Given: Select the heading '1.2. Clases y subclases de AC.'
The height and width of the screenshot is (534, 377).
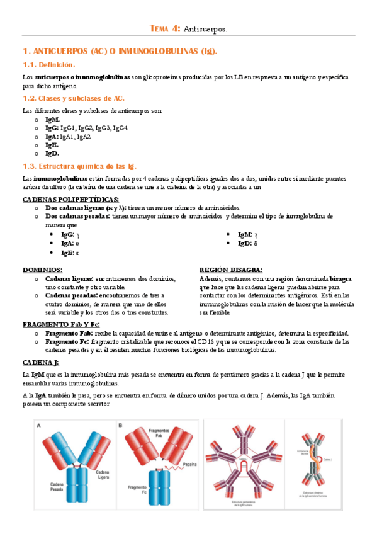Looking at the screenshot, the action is coord(73,99).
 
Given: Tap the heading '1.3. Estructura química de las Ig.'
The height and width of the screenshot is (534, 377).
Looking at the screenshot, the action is coord(79,166).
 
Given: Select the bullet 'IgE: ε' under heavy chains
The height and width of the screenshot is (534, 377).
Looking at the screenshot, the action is coord(70,253).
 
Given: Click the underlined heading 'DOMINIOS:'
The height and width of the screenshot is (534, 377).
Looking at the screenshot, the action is coord(42,270).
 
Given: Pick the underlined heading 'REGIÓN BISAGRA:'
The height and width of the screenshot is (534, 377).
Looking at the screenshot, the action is coord(230,270).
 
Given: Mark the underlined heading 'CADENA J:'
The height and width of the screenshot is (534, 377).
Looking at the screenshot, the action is coord(40,363).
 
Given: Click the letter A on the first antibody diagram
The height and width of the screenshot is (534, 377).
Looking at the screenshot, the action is coord(40,425).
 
